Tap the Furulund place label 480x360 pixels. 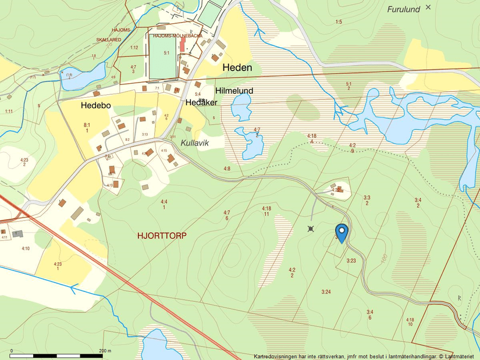point(404,9)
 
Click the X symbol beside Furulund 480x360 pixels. point(429,7)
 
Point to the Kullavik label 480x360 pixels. point(194,142)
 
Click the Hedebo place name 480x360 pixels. point(96,106)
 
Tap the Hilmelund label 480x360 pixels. point(234,91)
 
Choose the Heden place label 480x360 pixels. point(237,67)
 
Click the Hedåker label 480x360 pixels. point(201,102)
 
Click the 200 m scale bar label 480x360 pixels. point(105,351)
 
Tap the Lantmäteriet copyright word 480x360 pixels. point(460,356)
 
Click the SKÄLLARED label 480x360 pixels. point(109,40)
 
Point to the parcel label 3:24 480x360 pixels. point(326,291)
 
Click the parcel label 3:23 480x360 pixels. point(351,261)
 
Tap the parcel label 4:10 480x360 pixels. point(26,248)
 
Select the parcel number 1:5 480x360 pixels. point(339,22)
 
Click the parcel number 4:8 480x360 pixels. point(227,169)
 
